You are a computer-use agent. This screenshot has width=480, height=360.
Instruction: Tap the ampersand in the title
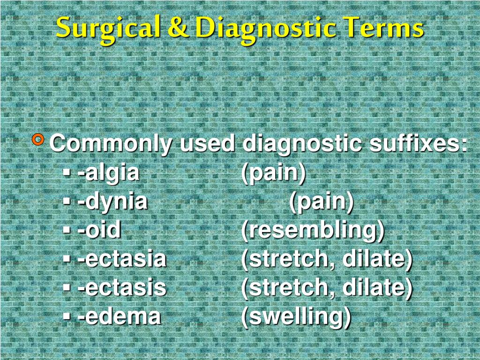coord(177,29)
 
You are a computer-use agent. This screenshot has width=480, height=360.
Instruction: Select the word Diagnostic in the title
coord(265,29)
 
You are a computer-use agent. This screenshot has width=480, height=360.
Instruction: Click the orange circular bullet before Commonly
coord(39,139)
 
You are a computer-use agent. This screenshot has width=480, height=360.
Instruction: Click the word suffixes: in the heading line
coord(418,143)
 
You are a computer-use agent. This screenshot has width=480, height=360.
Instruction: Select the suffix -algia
coord(108,173)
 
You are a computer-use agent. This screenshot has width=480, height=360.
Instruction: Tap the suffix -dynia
coord(112,202)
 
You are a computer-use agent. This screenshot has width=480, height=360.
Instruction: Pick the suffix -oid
coord(99,230)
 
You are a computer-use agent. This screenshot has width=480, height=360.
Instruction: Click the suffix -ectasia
coord(122,259)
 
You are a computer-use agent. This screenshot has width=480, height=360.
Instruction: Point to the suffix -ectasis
coord(122,287)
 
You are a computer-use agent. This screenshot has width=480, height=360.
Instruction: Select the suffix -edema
coord(119,316)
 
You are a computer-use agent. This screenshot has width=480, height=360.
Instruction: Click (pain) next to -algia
coord(273,173)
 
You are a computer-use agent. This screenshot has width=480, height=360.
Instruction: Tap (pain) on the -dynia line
coord(322,202)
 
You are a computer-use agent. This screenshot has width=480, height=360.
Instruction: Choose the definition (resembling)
coord(313,231)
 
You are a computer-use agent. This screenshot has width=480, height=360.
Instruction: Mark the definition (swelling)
coord(296,316)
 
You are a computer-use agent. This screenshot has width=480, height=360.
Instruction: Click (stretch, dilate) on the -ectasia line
coord(327,259)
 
